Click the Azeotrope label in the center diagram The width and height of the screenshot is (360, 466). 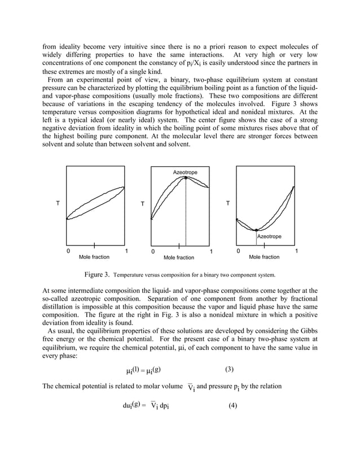[185, 171]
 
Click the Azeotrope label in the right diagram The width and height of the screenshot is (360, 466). [269, 236]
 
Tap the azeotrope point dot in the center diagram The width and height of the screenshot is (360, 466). [186, 178]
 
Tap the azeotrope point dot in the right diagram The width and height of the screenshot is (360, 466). [257, 230]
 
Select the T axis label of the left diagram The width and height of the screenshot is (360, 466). [58, 203]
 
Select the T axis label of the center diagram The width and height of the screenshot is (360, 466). [142, 203]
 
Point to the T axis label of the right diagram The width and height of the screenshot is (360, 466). [227, 203]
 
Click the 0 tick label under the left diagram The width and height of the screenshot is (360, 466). [68, 250]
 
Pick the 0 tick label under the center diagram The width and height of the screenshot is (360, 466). [152, 251]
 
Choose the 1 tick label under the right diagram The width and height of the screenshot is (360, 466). [297, 250]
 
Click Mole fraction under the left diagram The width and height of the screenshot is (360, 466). [94, 257]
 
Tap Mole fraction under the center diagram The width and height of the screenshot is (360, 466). [179, 258]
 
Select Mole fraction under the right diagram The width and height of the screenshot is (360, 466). [264, 257]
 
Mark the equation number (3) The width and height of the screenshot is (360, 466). [229, 370]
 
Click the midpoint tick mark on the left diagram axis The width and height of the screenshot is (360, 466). [94, 245]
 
